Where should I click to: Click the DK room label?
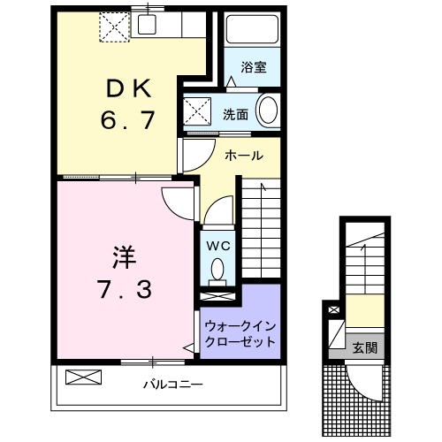click(130, 88)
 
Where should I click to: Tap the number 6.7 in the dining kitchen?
click(130, 119)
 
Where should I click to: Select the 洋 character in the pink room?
click(123, 256)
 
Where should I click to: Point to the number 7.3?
click(123, 288)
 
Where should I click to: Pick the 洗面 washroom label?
click(234, 113)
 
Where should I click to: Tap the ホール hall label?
click(243, 156)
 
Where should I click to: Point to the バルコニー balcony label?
click(174, 385)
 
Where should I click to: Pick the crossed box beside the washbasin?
click(196, 113)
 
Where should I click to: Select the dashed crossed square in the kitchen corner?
click(114, 26)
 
